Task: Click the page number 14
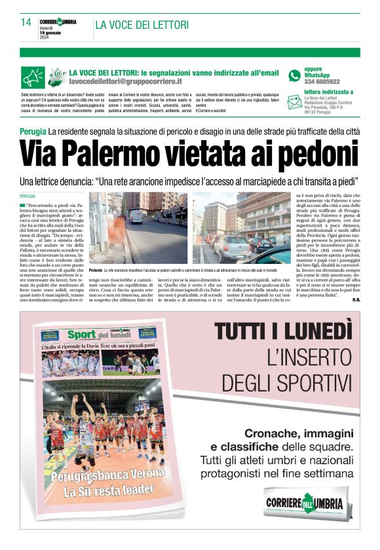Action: point(26,22)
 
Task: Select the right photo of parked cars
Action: point(242,227)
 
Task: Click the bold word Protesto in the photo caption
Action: point(96,270)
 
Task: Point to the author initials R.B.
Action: point(356,300)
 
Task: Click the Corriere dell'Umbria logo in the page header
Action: point(58,22)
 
